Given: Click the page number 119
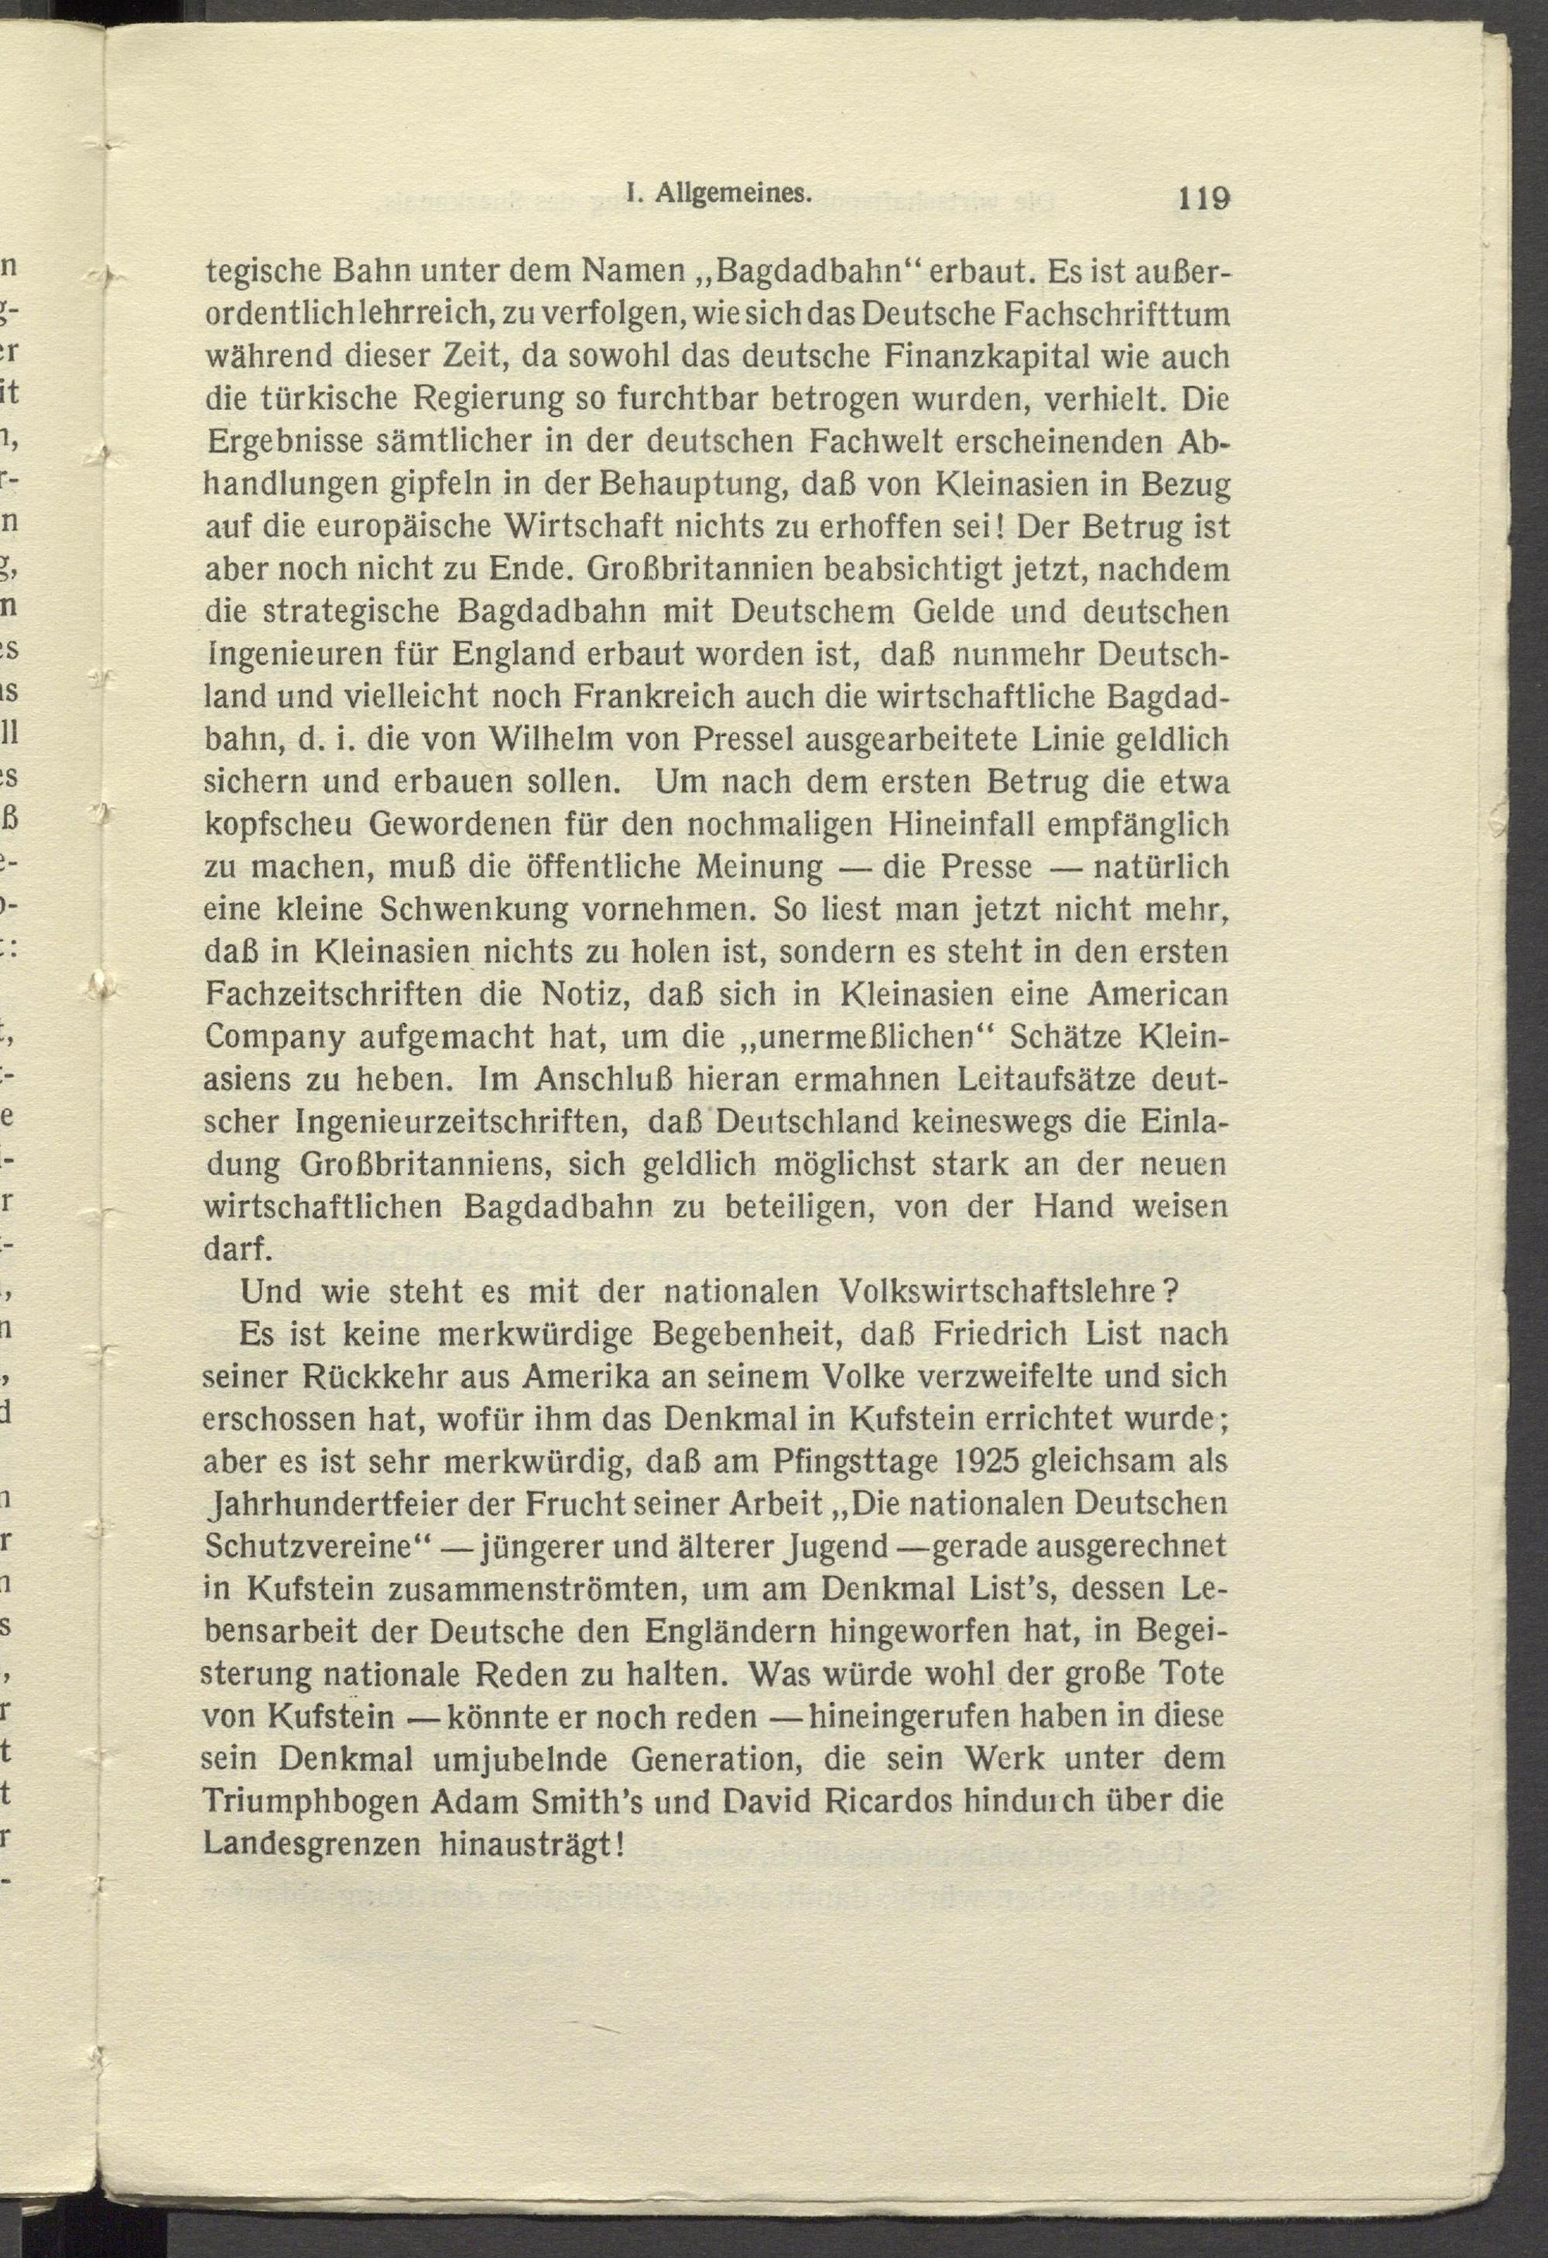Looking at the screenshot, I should (x=1204, y=198).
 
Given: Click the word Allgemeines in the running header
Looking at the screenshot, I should (x=733, y=193).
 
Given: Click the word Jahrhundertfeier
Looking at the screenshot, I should (x=328, y=1504).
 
